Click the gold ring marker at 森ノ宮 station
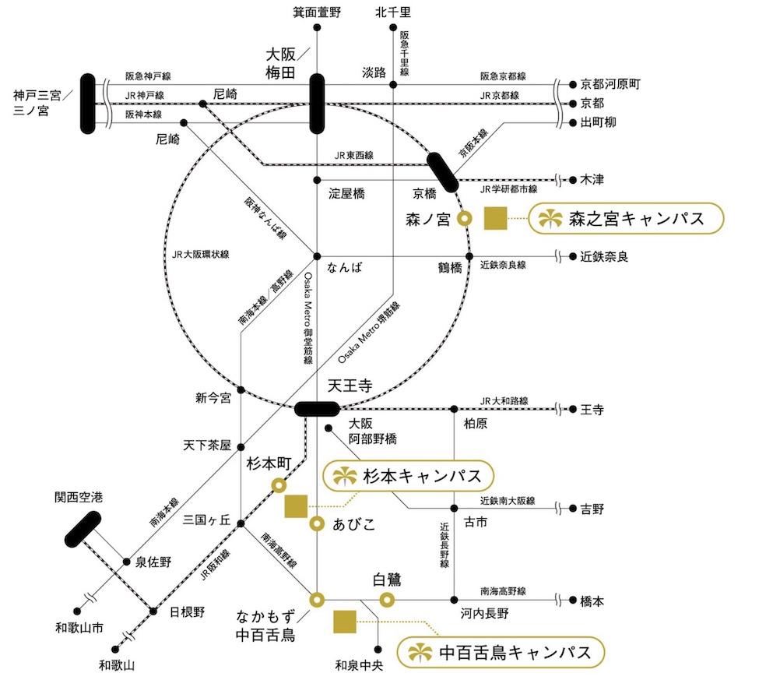(x=465, y=219)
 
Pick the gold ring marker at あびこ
(x=317, y=523)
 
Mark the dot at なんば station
(x=317, y=256)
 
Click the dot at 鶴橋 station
(x=469, y=256)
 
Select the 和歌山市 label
(x=76, y=629)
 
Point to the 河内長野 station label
(x=483, y=614)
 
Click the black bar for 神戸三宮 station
(x=88, y=104)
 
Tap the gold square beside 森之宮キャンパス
(x=496, y=219)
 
